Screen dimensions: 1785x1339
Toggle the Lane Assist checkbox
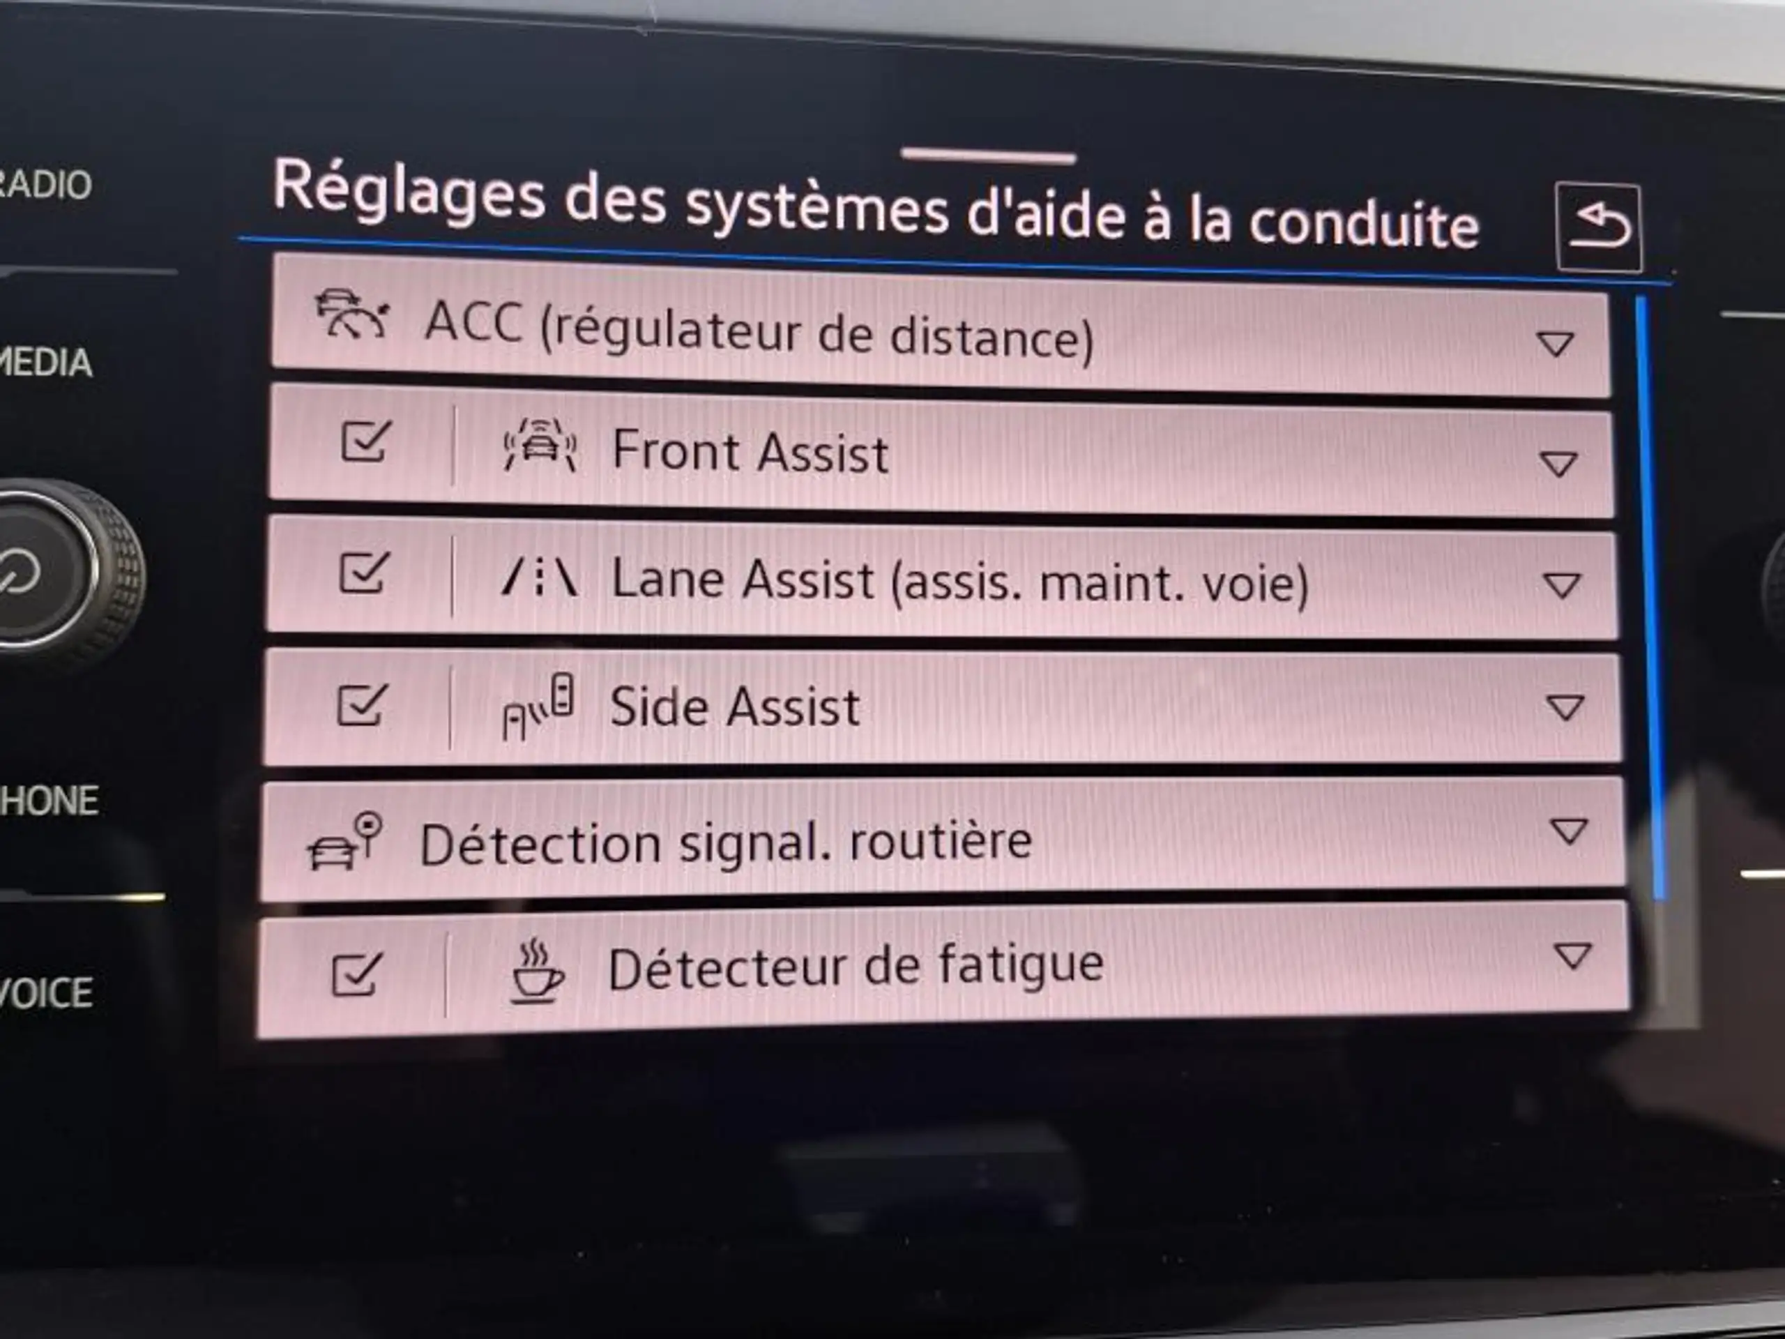364,573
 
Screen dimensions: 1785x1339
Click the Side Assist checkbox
360,704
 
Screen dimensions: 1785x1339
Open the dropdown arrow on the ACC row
1555,344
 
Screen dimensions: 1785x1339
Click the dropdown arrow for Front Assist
1558,463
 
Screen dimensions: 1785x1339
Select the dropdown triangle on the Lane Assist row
1561,585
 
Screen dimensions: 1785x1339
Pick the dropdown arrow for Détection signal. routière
1570,831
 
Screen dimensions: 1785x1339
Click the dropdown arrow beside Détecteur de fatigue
1572,955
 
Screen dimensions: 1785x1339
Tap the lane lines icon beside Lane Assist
539,578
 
